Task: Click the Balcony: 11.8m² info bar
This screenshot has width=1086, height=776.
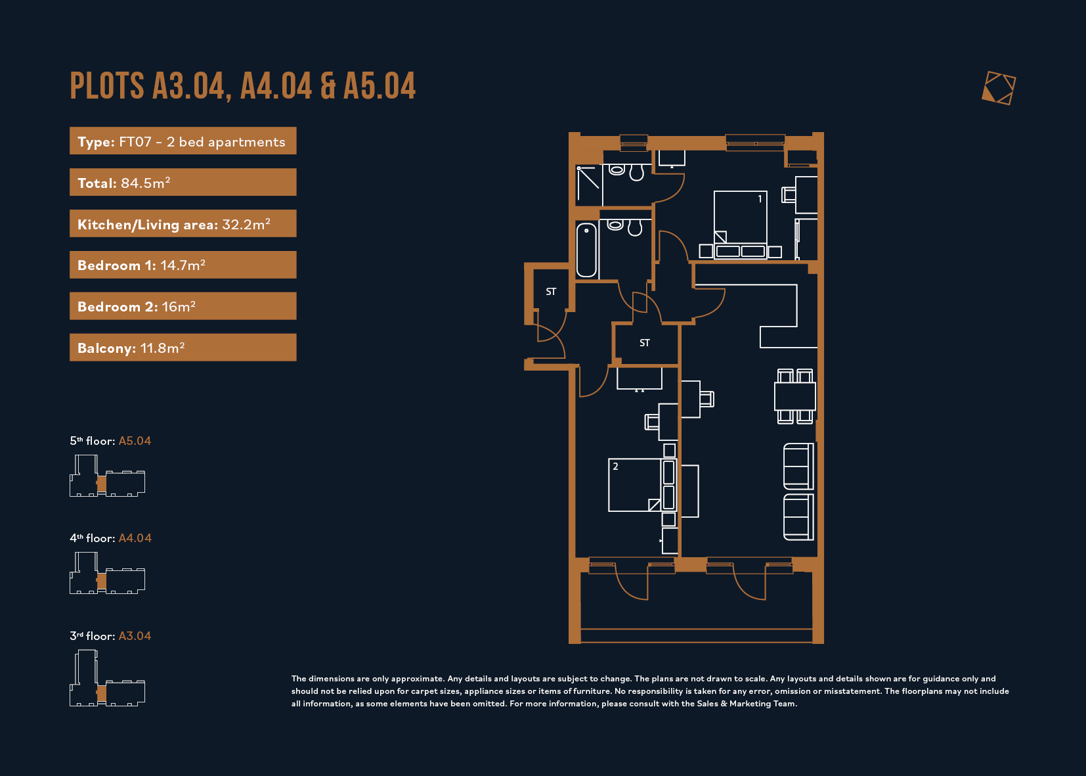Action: coord(183,347)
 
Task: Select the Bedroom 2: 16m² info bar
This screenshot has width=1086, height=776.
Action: coord(183,306)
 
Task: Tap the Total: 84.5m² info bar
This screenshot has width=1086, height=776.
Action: coord(183,182)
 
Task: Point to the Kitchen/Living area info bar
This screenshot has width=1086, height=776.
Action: coord(183,223)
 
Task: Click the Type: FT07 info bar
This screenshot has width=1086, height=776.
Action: coord(183,141)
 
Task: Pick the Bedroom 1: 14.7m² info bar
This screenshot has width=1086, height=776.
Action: coord(183,265)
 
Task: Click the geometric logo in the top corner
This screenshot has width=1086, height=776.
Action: coord(998,88)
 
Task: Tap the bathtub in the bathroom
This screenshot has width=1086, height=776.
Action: coord(586,250)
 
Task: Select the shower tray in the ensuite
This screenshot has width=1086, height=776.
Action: coord(589,185)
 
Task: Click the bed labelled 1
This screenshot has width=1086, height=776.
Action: coord(741,225)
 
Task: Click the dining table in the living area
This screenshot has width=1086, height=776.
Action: coord(795,396)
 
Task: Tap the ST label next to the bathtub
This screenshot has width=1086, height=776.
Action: coord(551,292)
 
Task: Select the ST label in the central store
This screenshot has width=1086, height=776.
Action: coord(644,343)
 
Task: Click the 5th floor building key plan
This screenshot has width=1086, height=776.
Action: coord(107,476)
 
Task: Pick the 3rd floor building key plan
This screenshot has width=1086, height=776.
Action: coord(107,678)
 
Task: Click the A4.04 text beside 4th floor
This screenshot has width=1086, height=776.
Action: coord(135,537)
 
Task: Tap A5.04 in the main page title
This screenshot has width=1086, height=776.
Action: coord(380,86)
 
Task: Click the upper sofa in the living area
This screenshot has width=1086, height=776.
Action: coord(798,467)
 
